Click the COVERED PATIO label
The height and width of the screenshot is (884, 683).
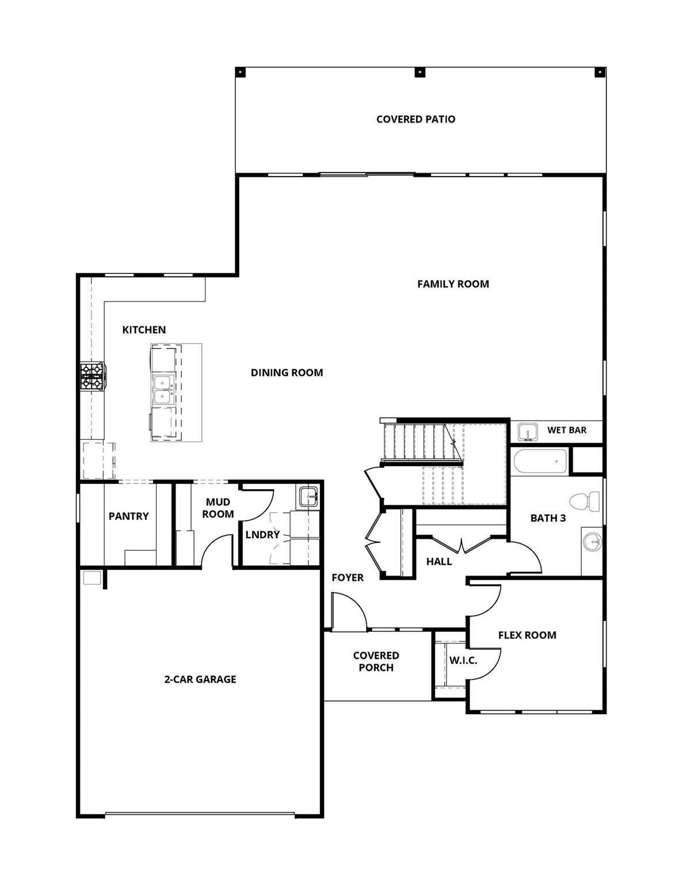(415, 119)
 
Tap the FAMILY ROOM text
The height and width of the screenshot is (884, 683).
(453, 284)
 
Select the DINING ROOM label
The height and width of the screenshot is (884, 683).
(287, 372)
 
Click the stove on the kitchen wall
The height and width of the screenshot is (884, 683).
(91, 376)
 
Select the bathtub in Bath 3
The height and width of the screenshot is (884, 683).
(539, 461)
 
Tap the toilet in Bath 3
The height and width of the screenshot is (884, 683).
(586, 502)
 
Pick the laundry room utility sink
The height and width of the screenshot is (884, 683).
(308, 496)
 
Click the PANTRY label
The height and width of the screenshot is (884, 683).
(128, 516)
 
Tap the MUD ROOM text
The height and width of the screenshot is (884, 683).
(218, 508)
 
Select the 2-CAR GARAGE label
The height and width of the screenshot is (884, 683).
(200, 679)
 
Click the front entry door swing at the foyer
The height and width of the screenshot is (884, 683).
(349, 614)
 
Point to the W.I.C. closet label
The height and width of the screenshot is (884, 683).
(463, 660)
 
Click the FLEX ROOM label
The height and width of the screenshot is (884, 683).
(527, 635)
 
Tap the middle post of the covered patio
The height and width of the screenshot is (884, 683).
(421, 73)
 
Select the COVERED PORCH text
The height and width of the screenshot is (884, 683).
(376, 661)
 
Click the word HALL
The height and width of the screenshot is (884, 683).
(439, 561)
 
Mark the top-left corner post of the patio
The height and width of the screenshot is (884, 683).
(241, 73)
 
